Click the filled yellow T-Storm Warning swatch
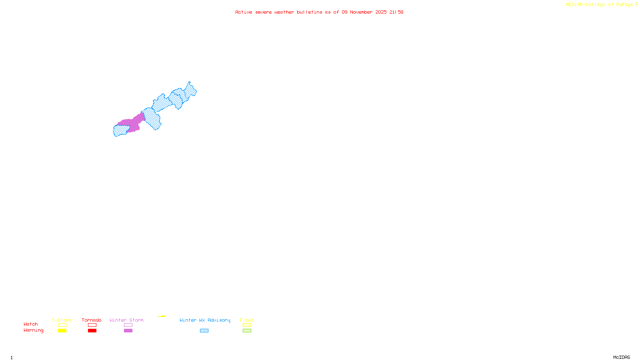[x=62, y=331]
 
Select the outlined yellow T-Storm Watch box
[x=62, y=325]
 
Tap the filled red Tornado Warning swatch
[x=92, y=331]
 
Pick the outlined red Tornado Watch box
[x=92, y=325]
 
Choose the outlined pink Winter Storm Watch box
[x=128, y=325]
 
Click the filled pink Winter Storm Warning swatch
[x=128, y=331]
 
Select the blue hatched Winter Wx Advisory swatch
[x=204, y=331]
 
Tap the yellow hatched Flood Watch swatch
[x=247, y=325]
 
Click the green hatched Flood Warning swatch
[x=247, y=331]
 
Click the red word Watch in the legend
[x=31, y=324]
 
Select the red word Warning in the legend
[x=33, y=330]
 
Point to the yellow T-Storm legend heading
[x=62, y=320]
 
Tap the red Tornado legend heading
[x=92, y=320]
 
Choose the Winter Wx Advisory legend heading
[x=205, y=320]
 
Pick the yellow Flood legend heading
[x=247, y=320]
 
